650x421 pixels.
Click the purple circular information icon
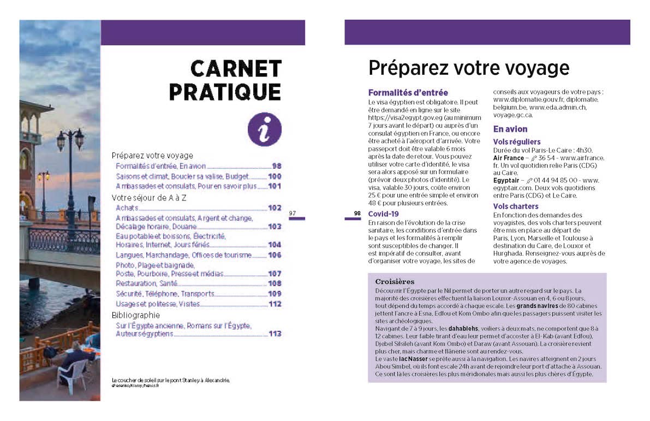265,131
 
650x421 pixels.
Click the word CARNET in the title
236,69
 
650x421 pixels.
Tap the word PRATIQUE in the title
225,91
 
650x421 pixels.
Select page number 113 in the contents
275,334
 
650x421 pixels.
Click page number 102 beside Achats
275,208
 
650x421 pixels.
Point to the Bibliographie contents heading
136,316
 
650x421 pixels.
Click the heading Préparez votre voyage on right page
469,68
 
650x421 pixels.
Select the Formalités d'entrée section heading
408,93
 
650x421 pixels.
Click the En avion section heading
510,129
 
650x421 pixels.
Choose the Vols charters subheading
516,206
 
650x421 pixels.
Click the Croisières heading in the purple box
395,282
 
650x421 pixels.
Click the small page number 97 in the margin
293,213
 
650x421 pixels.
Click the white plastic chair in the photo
71,374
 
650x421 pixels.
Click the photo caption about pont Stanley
170,380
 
